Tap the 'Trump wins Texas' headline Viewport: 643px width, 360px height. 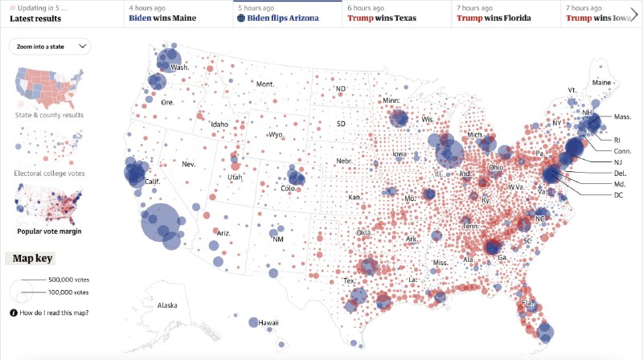[382, 18]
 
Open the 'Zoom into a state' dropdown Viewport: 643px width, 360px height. [50, 47]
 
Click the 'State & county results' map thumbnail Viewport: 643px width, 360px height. [50, 88]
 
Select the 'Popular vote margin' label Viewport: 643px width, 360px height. [50, 231]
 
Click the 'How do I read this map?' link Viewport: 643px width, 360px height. [54, 313]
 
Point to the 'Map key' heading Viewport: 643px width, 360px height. [32, 259]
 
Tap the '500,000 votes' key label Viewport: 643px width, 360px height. [71, 279]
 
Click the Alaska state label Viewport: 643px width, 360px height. [167, 305]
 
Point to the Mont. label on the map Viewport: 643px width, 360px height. [265, 84]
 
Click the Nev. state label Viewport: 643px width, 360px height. [190, 164]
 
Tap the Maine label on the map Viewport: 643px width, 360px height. [600, 83]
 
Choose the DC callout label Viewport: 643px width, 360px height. [618, 195]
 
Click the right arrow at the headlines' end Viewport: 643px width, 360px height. [633, 14]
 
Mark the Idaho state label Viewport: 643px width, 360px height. [219, 125]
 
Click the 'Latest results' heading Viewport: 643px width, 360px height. [35, 18]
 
